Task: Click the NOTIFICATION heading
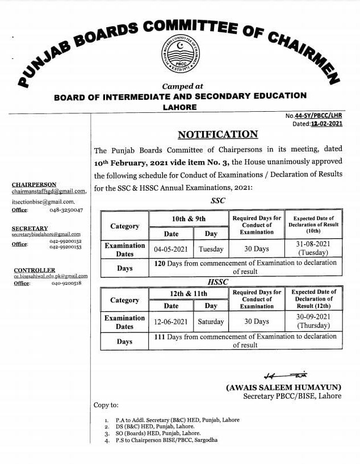pos(217,134)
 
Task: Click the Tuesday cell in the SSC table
pos(211,249)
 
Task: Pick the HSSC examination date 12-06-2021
pos(170,322)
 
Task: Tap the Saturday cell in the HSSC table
pos(211,322)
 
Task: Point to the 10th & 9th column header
pos(189,218)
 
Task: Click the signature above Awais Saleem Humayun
pos(284,376)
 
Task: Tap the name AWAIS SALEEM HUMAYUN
pos(283,387)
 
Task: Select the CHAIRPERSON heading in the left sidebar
pos(34,184)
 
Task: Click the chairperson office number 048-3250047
pos(68,210)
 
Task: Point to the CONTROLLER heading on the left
pos(35,270)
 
